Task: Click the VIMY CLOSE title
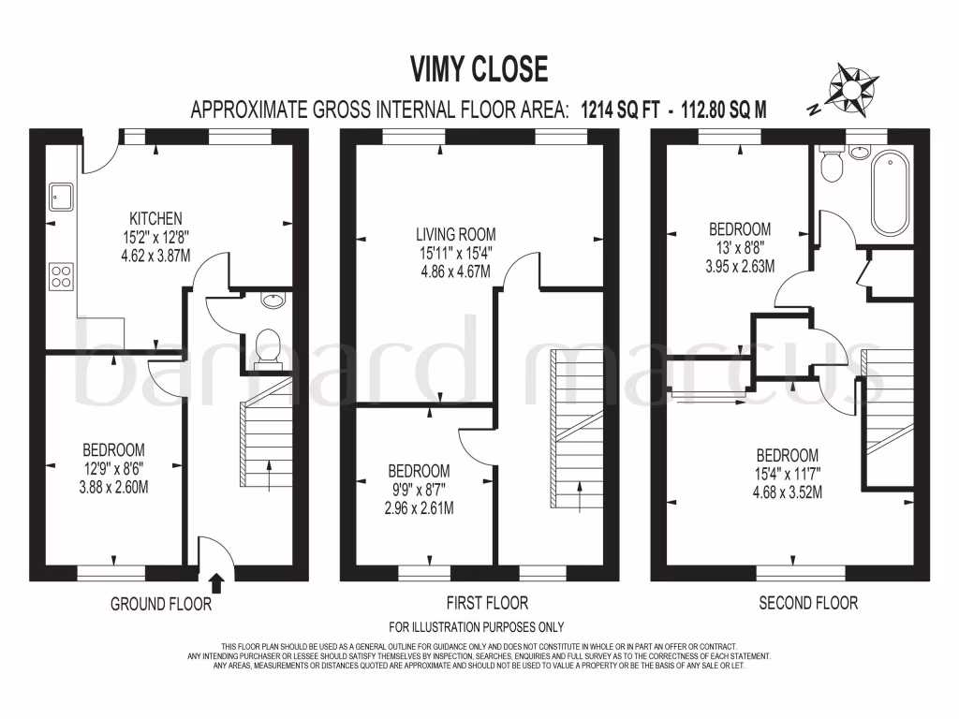pyautogui.click(x=479, y=68)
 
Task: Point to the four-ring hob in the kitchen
pyautogui.click(x=61, y=276)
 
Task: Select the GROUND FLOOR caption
pyautogui.click(x=161, y=604)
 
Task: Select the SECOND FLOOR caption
pyautogui.click(x=807, y=603)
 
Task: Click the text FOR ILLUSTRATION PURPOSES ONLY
pyautogui.click(x=476, y=627)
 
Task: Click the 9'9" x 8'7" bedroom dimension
pyautogui.click(x=419, y=490)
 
